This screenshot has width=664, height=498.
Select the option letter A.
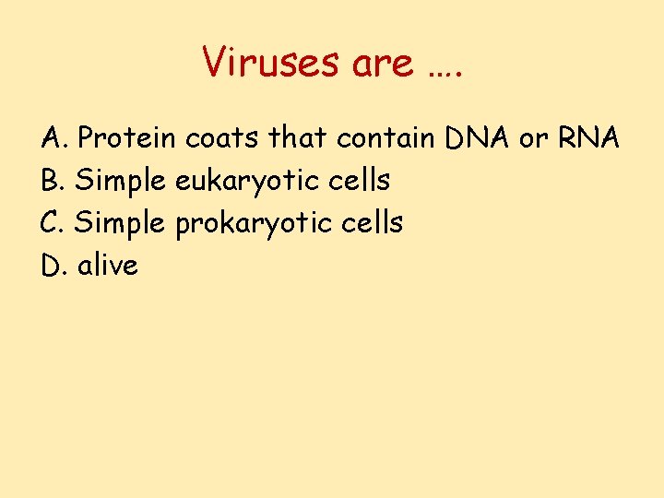(53, 138)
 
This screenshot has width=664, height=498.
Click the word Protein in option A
(128, 138)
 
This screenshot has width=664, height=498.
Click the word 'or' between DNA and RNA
(534, 138)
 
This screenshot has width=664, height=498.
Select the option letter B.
(53, 181)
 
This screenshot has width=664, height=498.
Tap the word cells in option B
(361, 181)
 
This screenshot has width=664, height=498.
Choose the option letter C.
(53, 223)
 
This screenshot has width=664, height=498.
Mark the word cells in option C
(373, 223)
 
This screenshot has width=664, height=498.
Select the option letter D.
(53, 266)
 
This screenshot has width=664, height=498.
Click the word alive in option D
(108, 266)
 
